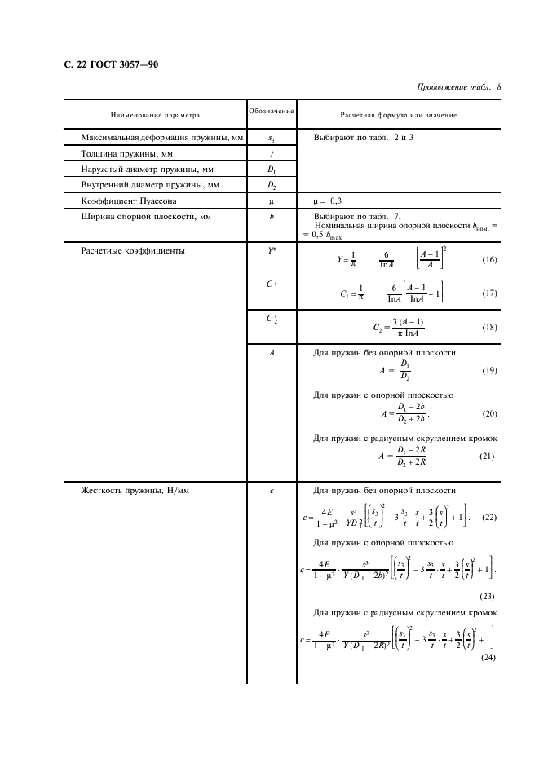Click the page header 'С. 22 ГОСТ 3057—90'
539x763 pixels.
pyautogui.click(x=111, y=64)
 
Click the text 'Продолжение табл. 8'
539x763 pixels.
pyautogui.click(x=458, y=86)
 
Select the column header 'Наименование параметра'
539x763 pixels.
pyautogui.click(x=156, y=115)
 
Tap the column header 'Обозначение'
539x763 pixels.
pyautogui.click(x=272, y=110)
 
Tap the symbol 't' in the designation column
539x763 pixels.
pyautogui.click(x=272, y=153)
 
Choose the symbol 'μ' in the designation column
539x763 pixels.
pyautogui.click(x=272, y=201)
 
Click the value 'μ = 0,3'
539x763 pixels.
pyautogui.click(x=333, y=201)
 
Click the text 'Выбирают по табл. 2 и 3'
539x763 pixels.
pyautogui.click(x=364, y=137)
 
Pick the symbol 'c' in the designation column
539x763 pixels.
pyautogui.click(x=272, y=490)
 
